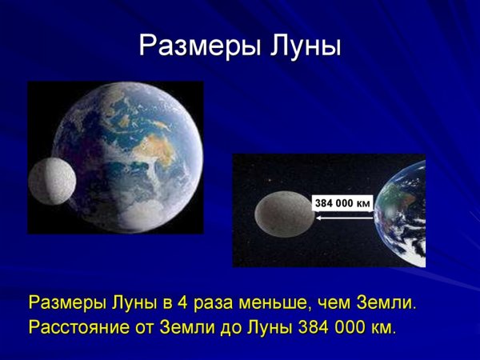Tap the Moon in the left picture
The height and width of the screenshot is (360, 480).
[x=50, y=180]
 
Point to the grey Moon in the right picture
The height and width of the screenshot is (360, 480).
[x=283, y=214]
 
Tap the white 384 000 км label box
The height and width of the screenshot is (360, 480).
[x=342, y=203]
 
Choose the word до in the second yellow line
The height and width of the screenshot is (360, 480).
[x=228, y=328]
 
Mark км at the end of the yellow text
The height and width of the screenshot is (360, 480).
[x=382, y=328]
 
